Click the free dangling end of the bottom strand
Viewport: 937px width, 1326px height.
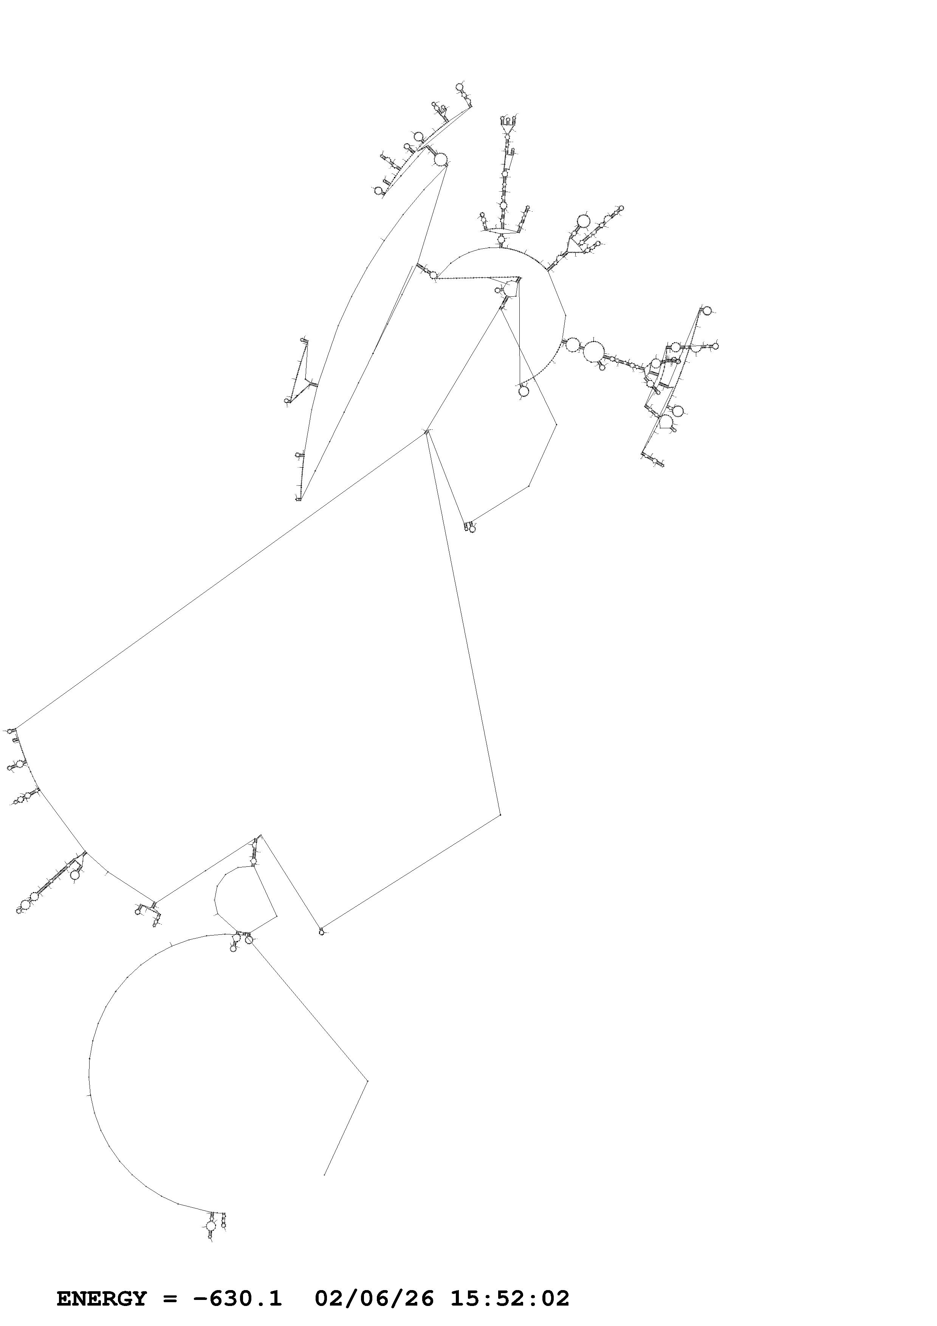click(x=324, y=1175)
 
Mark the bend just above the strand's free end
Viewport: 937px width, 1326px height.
click(x=367, y=1080)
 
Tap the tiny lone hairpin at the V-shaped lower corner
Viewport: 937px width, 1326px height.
click(x=322, y=931)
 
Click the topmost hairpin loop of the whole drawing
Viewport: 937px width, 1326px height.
click(x=460, y=87)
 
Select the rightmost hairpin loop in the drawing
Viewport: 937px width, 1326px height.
click(x=715, y=346)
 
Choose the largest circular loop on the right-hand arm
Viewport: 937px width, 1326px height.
click(x=593, y=351)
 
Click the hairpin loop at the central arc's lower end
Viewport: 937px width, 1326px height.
click(x=523, y=391)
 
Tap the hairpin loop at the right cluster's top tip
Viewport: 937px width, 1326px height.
click(x=707, y=311)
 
